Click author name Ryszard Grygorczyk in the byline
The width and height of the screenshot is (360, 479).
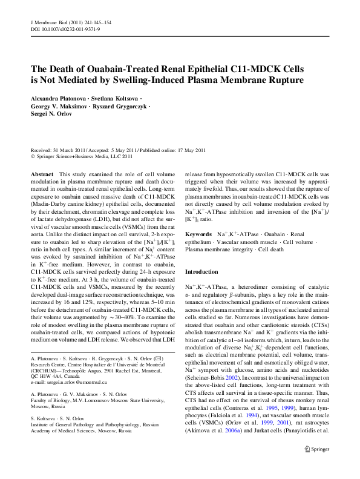(x=123, y=107)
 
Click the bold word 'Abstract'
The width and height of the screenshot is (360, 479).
(x=42, y=174)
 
